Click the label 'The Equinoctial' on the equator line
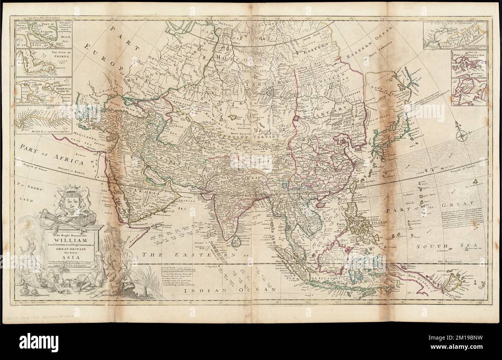pyautogui.click(x=452, y=262)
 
